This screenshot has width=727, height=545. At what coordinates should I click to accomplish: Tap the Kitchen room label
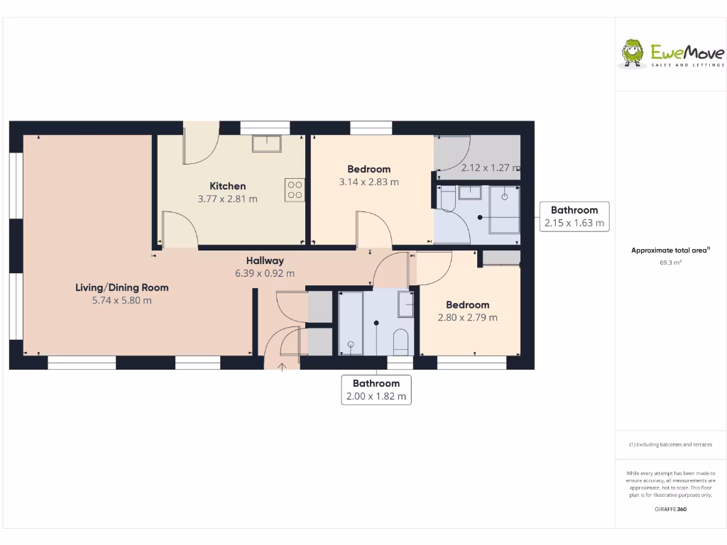pyautogui.click(x=227, y=186)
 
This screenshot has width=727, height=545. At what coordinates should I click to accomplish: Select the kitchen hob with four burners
pyautogui.click(x=295, y=189)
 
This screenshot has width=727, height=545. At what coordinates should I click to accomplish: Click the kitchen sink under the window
pyautogui.click(x=266, y=143)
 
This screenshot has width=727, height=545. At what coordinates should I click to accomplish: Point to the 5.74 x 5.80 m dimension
pyautogui.click(x=122, y=300)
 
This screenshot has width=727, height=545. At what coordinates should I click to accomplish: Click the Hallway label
pyautogui.click(x=265, y=260)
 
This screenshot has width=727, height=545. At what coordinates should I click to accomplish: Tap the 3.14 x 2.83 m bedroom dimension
pyautogui.click(x=368, y=182)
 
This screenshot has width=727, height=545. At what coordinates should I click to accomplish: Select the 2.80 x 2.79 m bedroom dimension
pyautogui.click(x=467, y=317)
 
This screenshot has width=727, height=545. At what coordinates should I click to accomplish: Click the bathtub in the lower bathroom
pyautogui.click(x=351, y=323)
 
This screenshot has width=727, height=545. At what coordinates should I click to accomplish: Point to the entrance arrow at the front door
pyautogui.click(x=282, y=366)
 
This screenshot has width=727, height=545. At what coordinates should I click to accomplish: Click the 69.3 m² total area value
pyautogui.click(x=670, y=263)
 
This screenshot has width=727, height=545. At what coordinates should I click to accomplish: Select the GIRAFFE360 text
pyautogui.click(x=670, y=509)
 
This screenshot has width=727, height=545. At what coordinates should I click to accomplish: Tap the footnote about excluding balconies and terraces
pyautogui.click(x=670, y=445)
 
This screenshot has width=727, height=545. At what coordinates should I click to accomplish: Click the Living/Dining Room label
pyautogui.click(x=122, y=287)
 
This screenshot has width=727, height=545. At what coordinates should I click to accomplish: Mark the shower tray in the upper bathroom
pyautogui.click(x=504, y=209)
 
